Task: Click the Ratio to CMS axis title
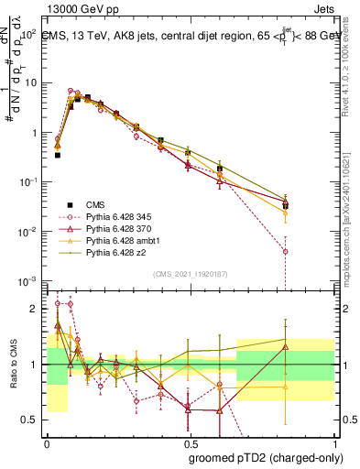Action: (x=12, y=364)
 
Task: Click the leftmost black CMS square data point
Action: (x=58, y=156)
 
